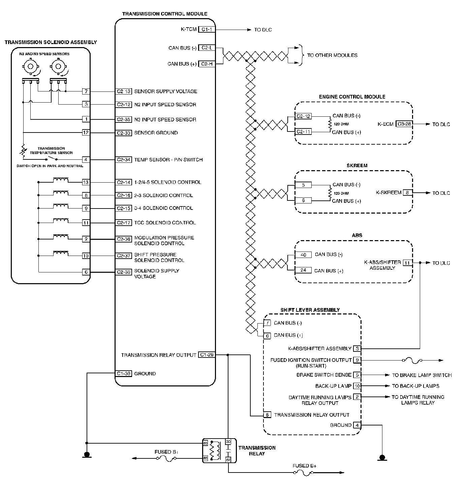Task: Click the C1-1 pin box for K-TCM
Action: (x=207, y=30)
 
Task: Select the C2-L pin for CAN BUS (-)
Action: (x=207, y=48)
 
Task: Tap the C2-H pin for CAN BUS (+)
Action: (x=207, y=64)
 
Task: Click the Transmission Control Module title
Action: (x=164, y=14)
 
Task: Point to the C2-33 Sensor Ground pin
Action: (x=124, y=133)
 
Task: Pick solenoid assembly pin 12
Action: (x=86, y=133)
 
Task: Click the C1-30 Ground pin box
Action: (x=123, y=373)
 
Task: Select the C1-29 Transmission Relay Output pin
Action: (x=207, y=355)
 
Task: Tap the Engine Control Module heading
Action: (x=352, y=97)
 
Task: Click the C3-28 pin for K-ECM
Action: (x=404, y=124)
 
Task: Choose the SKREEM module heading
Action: (x=357, y=166)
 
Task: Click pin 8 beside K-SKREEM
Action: (x=407, y=193)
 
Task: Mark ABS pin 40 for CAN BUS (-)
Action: (x=303, y=255)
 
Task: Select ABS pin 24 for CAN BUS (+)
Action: (x=303, y=270)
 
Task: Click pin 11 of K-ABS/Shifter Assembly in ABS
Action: (x=408, y=263)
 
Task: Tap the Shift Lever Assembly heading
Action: (x=310, y=310)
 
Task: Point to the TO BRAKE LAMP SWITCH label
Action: (x=421, y=375)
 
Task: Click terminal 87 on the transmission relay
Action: (x=228, y=459)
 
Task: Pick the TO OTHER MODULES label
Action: (x=332, y=55)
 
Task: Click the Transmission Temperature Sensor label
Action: (x=51, y=150)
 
